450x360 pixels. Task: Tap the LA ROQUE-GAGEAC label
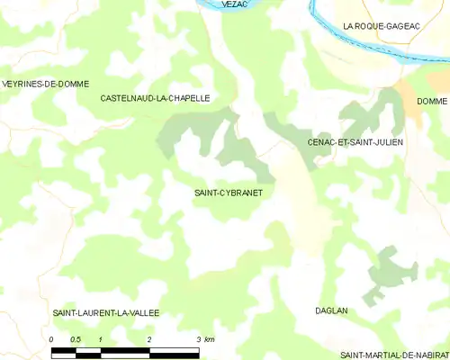click(382, 27)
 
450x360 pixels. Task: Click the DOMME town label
click(432, 101)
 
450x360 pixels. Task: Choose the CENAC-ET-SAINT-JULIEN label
click(355, 142)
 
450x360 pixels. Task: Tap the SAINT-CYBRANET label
click(228, 193)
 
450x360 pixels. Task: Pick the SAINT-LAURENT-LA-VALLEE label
click(106, 312)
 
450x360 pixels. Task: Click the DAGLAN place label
click(331, 310)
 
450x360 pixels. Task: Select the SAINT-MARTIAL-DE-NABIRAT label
click(394, 355)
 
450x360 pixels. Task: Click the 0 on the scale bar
click(52, 338)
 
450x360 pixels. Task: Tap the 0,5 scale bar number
click(76, 338)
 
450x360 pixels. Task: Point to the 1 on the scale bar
click(101, 338)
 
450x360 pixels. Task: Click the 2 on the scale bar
click(149, 338)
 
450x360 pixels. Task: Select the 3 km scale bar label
click(204, 338)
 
